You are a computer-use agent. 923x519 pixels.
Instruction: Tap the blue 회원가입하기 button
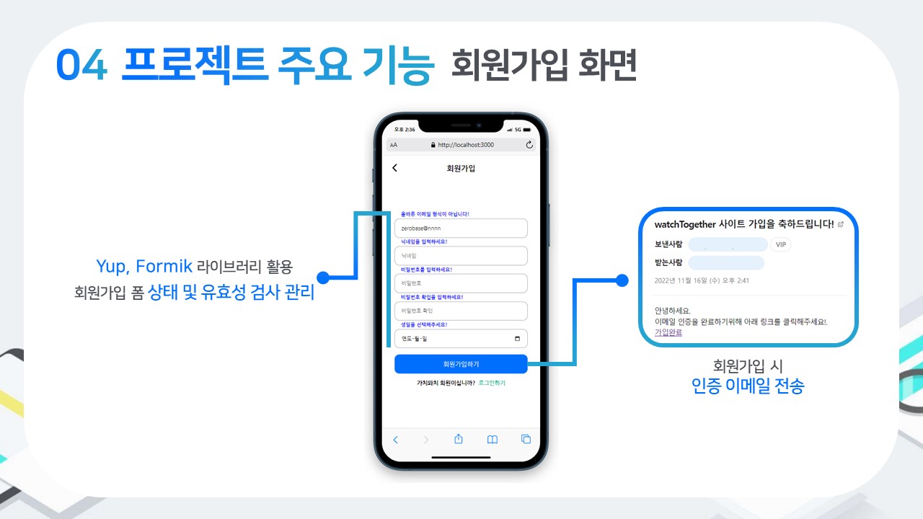tap(461, 364)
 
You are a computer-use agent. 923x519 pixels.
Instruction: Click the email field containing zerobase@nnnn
tap(461, 228)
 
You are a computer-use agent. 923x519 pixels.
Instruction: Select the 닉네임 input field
tap(461, 255)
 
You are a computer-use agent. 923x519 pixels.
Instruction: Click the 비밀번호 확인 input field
tap(461, 311)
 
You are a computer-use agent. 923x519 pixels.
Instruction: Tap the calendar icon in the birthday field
tap(517, 339)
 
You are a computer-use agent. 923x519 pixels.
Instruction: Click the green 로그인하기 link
tap(492, 383)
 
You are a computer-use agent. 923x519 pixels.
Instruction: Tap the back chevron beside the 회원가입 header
tap(394, 168)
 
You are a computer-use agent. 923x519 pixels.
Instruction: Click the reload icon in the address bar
tap(529, 145)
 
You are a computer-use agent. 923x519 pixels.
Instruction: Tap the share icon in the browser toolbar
tap(458, 439)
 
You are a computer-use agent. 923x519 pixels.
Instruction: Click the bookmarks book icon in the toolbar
tap(492, 439)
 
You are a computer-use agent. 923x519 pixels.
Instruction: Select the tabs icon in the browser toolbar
tap(526, 439)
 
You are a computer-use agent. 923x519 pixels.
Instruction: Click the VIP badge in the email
tap(780, 244)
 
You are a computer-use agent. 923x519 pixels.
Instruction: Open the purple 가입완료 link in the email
tap(668, 332)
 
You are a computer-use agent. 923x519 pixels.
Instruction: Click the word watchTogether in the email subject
tap(684, 224)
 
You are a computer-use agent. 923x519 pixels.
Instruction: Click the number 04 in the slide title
tap(81, 66)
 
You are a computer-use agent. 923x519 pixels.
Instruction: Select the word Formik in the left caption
tap(164, 267)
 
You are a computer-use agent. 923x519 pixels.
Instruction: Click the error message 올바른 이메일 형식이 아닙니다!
tap(435, 213)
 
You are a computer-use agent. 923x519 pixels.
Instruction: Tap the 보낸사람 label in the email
tap(668, 244)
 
